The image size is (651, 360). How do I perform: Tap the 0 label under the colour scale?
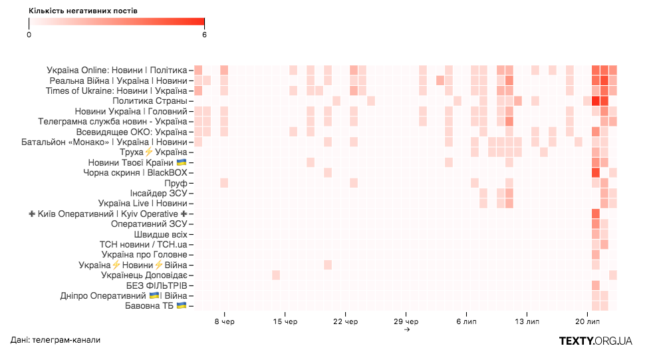point(29,35)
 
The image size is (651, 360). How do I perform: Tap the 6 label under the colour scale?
point(205,35)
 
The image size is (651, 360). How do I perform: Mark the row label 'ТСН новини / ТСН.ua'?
point(144,244)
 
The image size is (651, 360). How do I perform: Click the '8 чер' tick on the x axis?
point(225,322)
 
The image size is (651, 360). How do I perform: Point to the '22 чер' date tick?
point(346,322)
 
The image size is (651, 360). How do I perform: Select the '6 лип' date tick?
point(467,322)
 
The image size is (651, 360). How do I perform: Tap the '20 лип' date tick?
point(587,322)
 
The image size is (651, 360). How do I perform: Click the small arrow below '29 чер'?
point(406,329)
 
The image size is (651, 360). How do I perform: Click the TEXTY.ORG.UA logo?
point(595,341)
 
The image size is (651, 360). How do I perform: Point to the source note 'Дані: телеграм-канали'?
point(55,341)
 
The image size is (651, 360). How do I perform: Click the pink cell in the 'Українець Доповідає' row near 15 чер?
point(276,275)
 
